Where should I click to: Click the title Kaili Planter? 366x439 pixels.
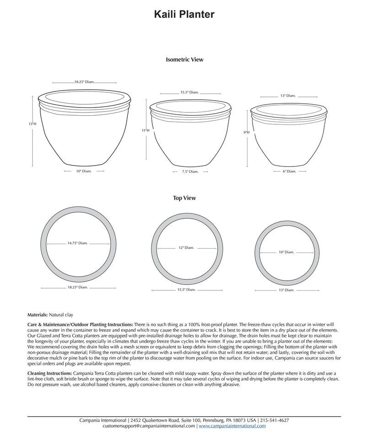[184, 15]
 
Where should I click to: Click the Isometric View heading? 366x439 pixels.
[184, 59]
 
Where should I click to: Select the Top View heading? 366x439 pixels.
[184, 198]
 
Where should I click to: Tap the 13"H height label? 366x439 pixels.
[32, 124]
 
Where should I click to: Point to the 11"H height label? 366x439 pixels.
[145, 130]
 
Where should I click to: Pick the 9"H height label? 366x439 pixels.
[247, 132]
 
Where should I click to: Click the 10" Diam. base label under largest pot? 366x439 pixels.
[84, 171]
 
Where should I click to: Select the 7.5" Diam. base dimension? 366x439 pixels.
[190, 171]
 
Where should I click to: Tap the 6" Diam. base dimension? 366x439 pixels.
[289, 171]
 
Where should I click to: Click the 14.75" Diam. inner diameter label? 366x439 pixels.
[77, 243]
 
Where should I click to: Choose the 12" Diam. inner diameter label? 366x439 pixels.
[186, 248]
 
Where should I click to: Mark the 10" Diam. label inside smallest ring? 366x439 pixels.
[286, 252]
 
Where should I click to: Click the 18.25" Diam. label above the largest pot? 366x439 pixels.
[84, 82]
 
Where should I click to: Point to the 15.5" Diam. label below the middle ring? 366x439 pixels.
[186, 289]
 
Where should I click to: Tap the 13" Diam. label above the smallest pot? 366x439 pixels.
[288, 96]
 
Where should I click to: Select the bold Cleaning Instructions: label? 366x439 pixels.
[50, 373]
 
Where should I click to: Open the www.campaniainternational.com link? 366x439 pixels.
[232, 426]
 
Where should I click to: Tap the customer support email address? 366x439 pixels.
[149, 426]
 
